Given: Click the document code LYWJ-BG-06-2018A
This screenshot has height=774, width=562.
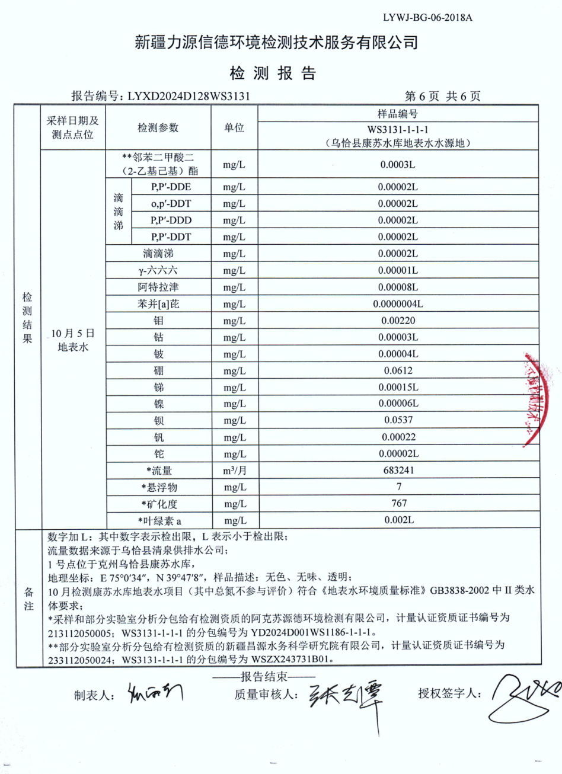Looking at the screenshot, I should (427, 17).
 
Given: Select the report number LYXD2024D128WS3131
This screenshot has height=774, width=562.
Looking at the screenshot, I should (189, 96).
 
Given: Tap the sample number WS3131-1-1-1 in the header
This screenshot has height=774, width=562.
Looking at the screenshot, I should (398, 129).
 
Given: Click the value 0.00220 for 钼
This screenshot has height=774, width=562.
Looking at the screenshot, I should (398, 321).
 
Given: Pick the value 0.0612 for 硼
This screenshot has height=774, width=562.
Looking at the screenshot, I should (398, 370).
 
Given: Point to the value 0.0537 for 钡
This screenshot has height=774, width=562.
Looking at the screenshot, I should (398, 420).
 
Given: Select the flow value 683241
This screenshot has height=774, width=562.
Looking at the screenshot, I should (398, 470).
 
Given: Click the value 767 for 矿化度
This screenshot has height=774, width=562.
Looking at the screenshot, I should (399, 503).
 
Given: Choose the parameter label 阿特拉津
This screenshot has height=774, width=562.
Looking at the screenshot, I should (158, 287).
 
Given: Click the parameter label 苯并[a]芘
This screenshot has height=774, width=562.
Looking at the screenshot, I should (158, 304).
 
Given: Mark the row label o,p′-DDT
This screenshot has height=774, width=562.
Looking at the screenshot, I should (171, 204).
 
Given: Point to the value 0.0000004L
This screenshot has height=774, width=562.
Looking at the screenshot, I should (398, 304).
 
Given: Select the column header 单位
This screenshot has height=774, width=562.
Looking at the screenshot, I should (234, 128).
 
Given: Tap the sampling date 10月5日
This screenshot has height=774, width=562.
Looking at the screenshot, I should (72, 334).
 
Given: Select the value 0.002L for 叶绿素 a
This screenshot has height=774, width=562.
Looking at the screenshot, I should (398, 520).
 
